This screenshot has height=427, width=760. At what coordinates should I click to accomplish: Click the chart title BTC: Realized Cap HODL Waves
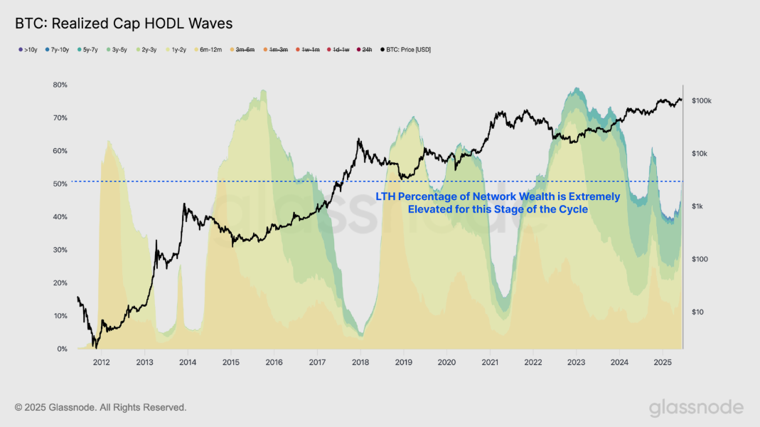click(124, 23)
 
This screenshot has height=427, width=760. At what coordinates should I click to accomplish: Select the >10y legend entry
click(29, 50)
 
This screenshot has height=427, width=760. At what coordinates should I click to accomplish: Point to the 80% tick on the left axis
click(60, 85)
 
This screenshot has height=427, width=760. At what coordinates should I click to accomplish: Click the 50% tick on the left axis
click(60, 184)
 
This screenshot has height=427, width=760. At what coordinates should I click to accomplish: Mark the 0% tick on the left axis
click(62, 349)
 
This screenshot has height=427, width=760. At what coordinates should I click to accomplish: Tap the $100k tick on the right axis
click(701, 101)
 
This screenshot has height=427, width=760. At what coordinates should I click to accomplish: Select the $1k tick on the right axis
click(697, 206)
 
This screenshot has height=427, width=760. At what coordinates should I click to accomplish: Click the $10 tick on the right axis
click(696, 312)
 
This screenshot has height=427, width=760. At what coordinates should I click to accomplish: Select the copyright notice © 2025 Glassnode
click(100, 407)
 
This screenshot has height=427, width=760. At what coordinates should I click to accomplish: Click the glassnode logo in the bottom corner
click(695, 408)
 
